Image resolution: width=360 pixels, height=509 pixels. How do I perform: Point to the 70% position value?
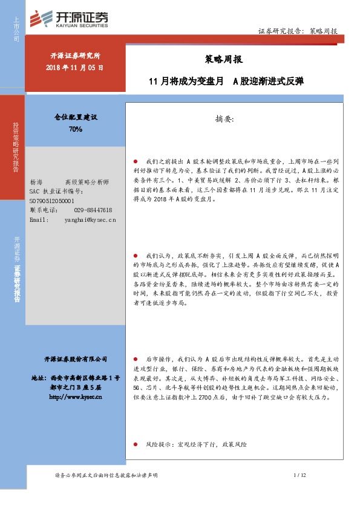tap(76, 129)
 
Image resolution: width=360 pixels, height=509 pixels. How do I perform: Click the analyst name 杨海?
tap(36, 182)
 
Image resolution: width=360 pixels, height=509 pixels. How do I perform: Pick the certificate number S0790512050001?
tap(52, 200)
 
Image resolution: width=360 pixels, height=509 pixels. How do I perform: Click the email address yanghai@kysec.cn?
tap(90, 220)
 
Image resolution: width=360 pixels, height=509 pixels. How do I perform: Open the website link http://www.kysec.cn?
tap(74, 397)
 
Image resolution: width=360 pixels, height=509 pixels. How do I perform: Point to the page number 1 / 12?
tap(300, 476)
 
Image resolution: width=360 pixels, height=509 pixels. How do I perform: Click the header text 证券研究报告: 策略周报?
tap(298, 31)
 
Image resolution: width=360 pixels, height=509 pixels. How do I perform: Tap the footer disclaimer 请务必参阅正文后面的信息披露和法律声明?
tap(106, 476)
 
